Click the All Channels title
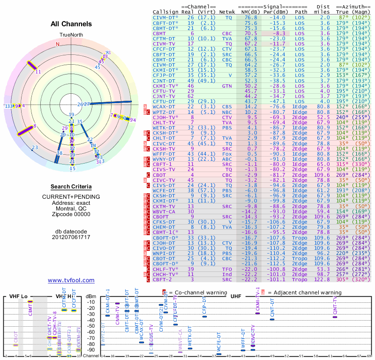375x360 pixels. (x=71, y=24)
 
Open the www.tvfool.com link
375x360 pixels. (x=71, y=280)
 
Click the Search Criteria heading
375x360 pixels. (x=71, y=187)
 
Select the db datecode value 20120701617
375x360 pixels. (x=71, y=237)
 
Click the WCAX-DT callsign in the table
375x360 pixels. (x=164, y=107)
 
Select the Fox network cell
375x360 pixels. (x=227, y=153)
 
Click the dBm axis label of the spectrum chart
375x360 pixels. (x=90, y=296)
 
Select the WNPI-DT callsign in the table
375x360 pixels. (x=164, y=254)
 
